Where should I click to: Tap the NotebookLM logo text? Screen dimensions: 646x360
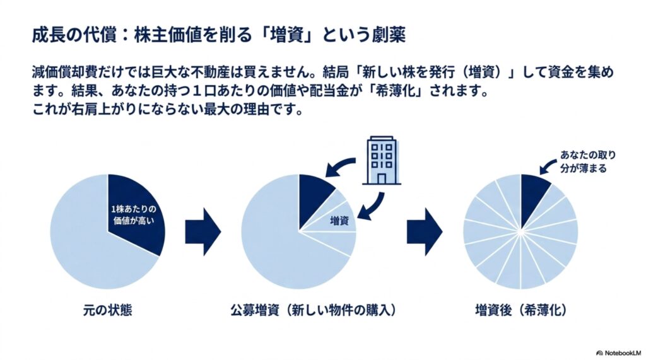coord(619,353)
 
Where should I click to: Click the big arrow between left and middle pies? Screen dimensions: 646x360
coord(203,231)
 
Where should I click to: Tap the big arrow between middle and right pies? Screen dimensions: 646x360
coord(425,231)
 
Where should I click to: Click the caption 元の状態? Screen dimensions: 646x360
coord(107,310)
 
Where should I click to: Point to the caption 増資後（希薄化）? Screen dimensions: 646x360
coord(520,310)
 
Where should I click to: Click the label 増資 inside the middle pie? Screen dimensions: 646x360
coord(339,221)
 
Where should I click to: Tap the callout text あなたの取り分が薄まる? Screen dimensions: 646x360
coord(587,161)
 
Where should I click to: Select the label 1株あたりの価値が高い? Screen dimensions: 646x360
coord(134,214)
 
